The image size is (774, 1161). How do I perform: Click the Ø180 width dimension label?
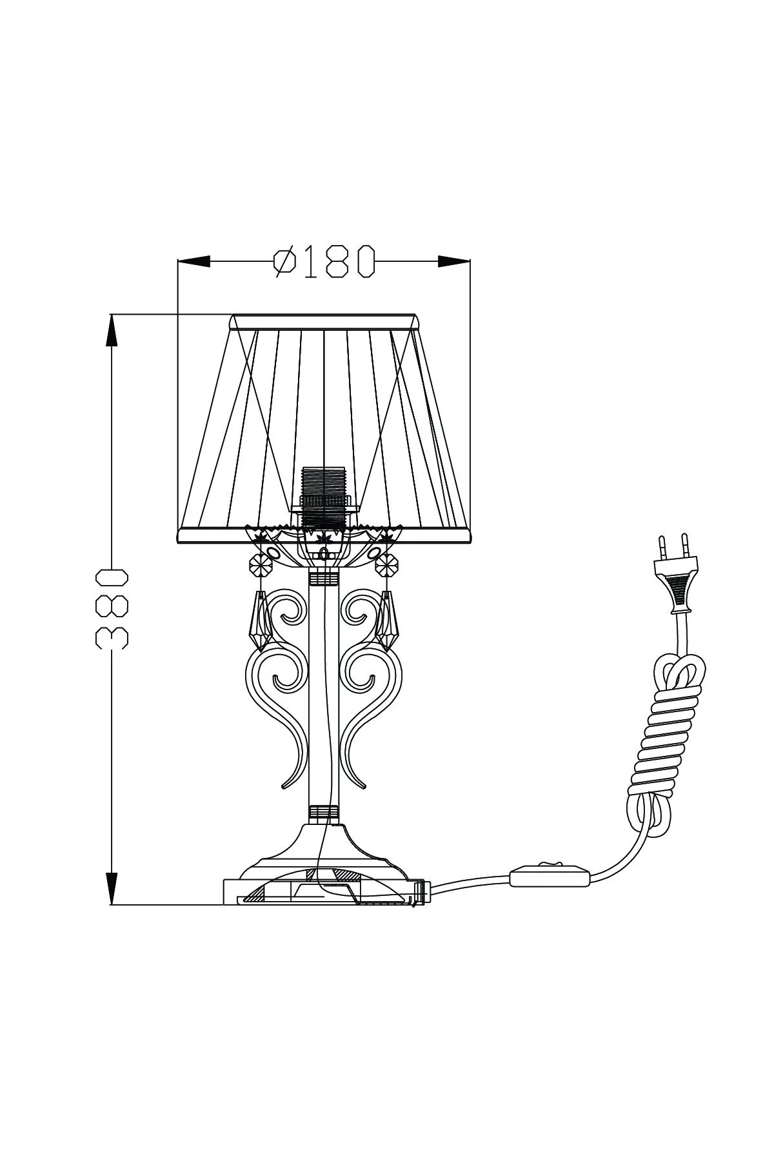tap(324, 261)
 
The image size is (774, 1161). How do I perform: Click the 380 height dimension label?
tap(113, 608)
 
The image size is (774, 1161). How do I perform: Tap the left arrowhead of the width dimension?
tap(193, 261)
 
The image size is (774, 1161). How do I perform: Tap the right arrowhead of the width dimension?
tap(453, 261)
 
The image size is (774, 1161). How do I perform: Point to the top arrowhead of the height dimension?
tap(112, 331)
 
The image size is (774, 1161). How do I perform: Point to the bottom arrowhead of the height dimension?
tap(112, 888)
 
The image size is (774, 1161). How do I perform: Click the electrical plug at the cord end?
tap(674, 571)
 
